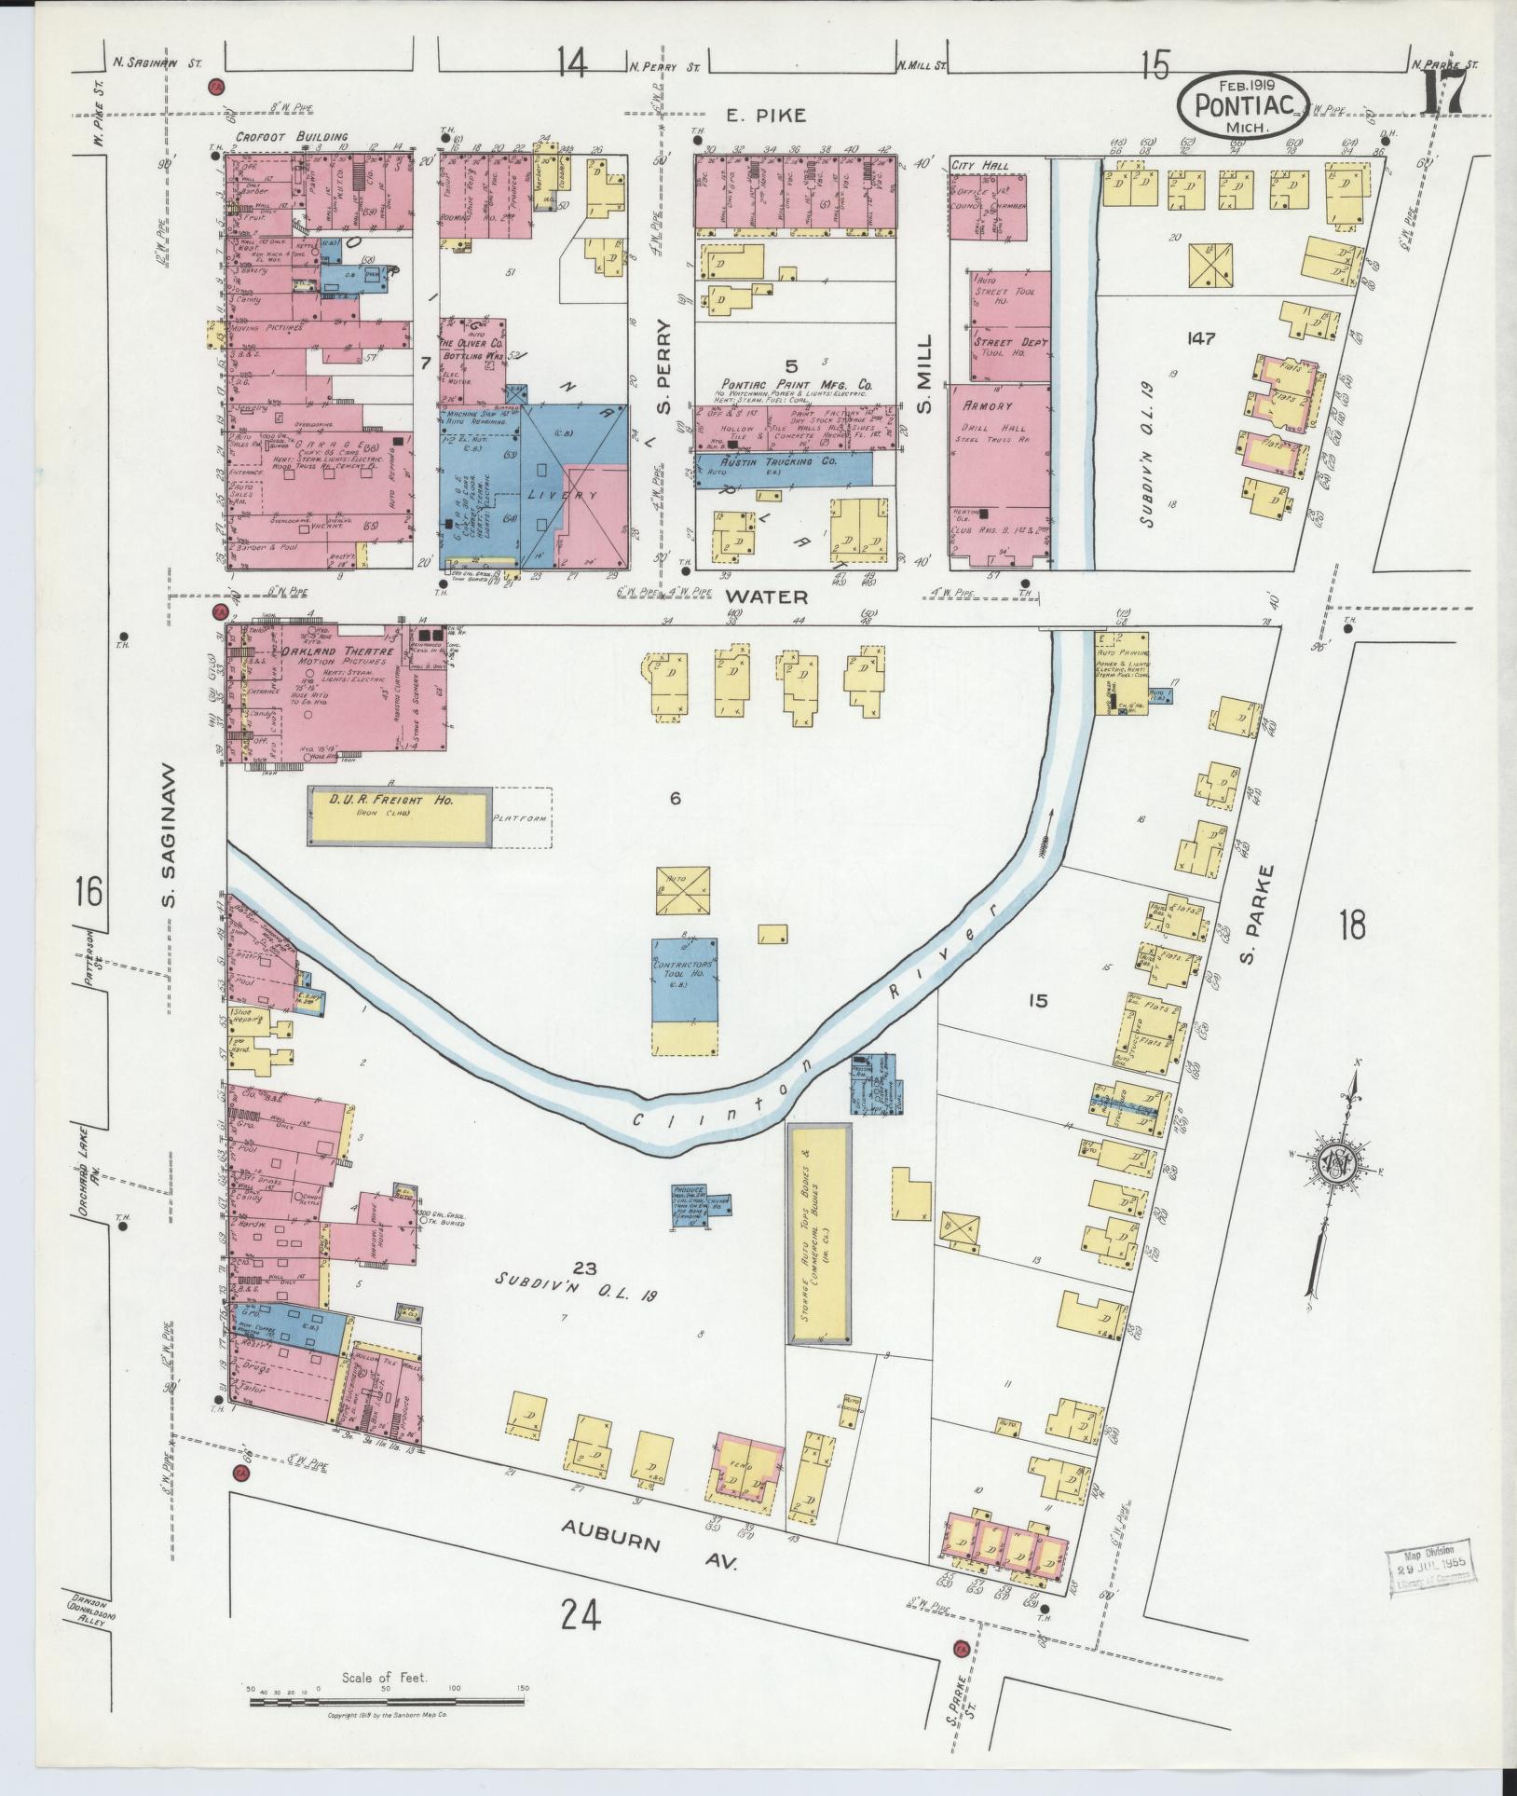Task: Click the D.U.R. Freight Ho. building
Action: coord(400,817)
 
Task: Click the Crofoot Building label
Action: coord(278,137)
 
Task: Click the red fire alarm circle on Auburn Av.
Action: coord(960,1650)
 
